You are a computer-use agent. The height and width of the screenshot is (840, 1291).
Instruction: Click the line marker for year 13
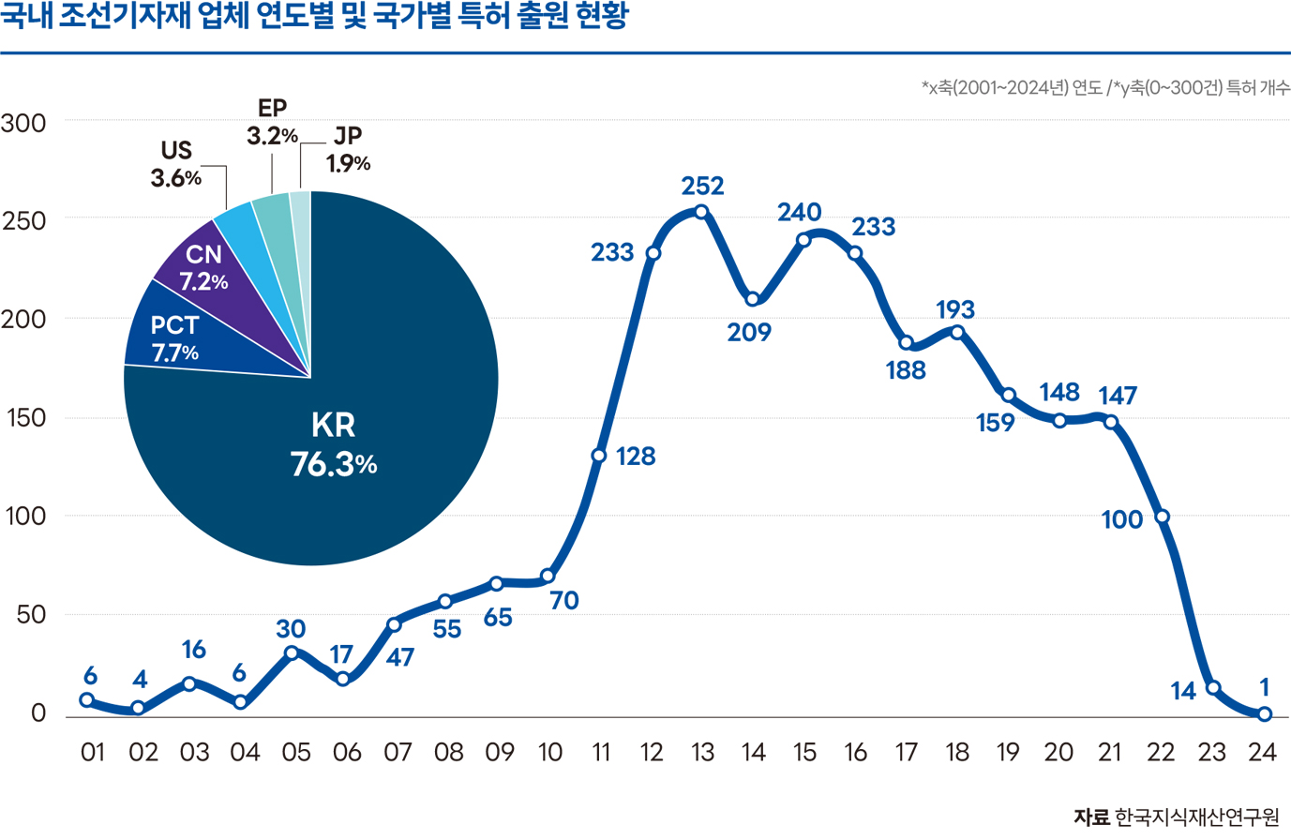pos(701,212)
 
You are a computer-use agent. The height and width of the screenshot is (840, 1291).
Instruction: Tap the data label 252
pos(702,186)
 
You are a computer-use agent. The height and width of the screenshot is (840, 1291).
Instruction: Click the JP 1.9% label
pos(348,149)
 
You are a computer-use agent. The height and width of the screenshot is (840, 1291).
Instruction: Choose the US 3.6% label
pos(176,163)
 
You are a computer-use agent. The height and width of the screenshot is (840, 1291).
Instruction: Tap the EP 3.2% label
pos(272,122)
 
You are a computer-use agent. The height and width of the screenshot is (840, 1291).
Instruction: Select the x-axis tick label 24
pos(1263,752)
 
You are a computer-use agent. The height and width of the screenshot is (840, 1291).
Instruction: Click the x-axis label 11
pos(601,752)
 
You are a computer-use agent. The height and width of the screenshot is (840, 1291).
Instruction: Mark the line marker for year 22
pos(1163,517)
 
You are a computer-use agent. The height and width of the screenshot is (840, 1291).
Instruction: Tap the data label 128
pos(636,457)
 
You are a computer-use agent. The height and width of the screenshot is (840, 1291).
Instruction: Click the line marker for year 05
pos(293,652)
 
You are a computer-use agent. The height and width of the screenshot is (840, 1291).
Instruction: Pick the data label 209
pos(749,332)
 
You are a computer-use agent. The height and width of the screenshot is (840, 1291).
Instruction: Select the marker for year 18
pos(957,333)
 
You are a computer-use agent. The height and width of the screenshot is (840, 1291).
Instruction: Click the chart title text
pos(314,17)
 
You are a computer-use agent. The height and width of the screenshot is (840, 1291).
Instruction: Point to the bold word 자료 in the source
pos(1091,817)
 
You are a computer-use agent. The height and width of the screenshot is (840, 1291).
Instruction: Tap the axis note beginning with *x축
pos(1105,88)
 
